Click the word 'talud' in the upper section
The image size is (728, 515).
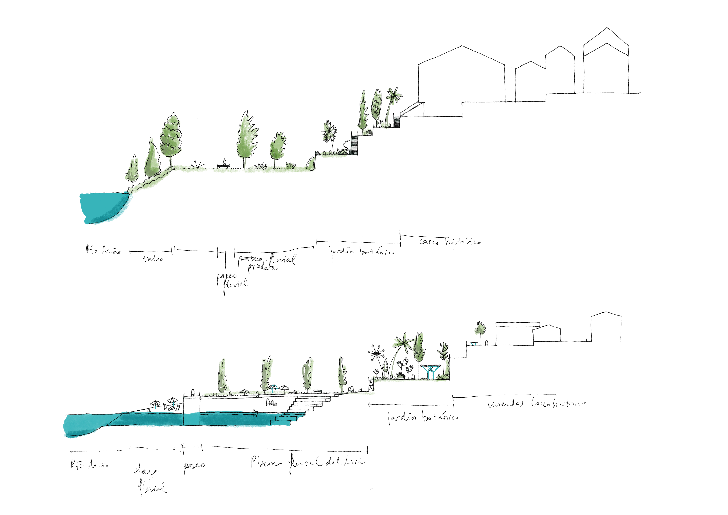(x=153, y=259)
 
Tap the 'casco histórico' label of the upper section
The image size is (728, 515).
(x=450, y=242)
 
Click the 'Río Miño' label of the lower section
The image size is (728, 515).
(x=90, y=465)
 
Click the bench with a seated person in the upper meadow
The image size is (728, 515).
(x=224, y=164)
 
